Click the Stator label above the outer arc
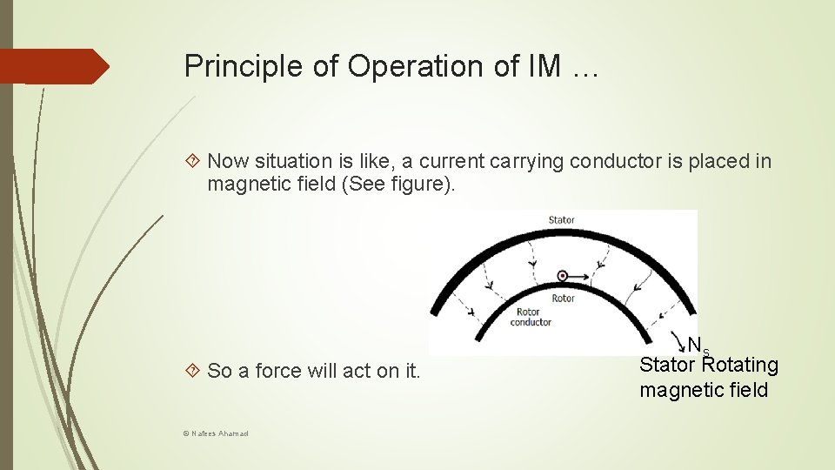(x=561, y=219)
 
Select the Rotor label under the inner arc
(x=563, y=299)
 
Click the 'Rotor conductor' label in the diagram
(x=530, y=317)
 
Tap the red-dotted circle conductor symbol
(x=563, y=276)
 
